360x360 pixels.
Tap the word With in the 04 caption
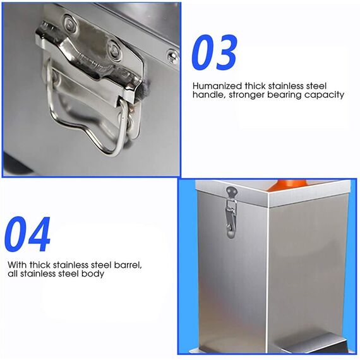pyautogui.click(x=18, y=265)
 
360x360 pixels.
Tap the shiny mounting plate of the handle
pyautogui.click(x=88, y=54)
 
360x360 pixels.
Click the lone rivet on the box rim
pyautogui.click(x=172, y=57)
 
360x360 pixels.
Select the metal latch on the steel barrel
pyautogui.click(x=231, y=212)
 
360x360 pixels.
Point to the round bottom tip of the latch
pyautogui.click(x=231, y=234)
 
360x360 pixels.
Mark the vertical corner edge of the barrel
pyautogui.click(x=268, y=272)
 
